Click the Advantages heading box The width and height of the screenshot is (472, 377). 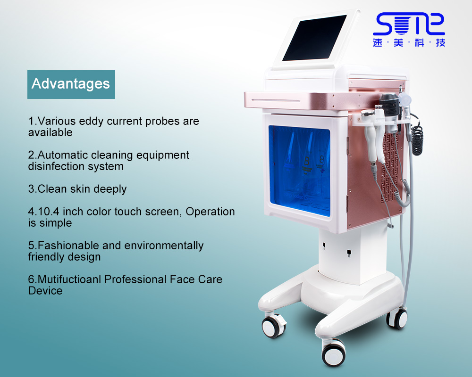click(x=71, y=84)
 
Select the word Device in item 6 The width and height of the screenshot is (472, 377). click(x=45, y=291)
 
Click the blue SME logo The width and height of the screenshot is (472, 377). click(x=409, y=30)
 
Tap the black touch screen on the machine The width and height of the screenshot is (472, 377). click(x=314, y=38)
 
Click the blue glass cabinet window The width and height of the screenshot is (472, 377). click(x=299, y=171)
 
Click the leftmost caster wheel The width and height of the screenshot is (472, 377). click(x=273, y=327)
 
